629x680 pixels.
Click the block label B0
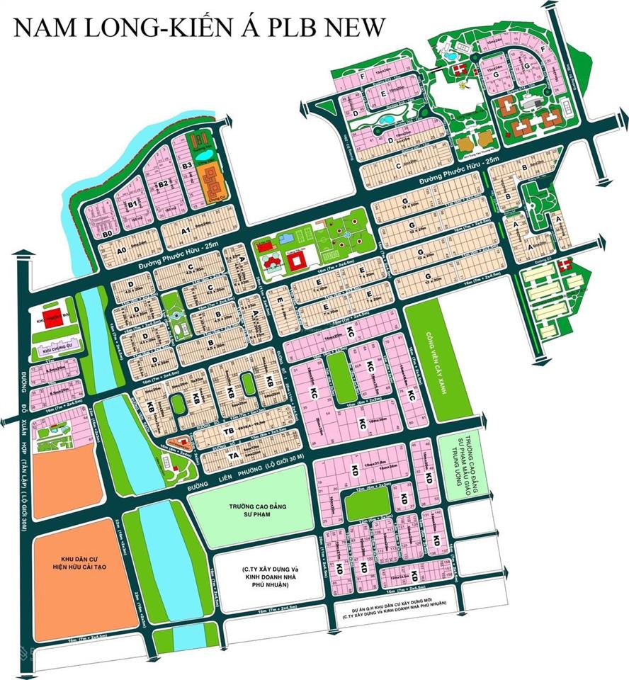[108, 233]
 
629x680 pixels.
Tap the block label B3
[188, 166]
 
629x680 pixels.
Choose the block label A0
[121, 250]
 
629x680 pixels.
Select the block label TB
[229, 430]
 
